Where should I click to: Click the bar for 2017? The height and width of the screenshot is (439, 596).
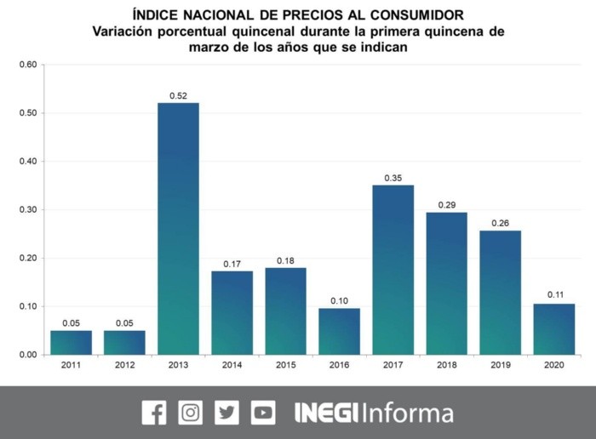pyautogui.click(x=393, y=270)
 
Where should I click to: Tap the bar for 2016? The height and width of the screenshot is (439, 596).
pyautogui.click(x=339, y=331)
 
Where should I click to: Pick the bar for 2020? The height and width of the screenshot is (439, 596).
pyautogui.click(x=553, y=328)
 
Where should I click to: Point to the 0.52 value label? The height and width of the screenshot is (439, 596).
pyautogui.click(x=178, y=95)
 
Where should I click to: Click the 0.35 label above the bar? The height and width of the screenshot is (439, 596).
pyautogui.click(x=393, y=178)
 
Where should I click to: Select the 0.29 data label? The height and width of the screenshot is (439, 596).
pyautogui.click(x=446, y=205)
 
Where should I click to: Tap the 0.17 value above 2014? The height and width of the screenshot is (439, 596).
pyautogui.click(x=232, y=264)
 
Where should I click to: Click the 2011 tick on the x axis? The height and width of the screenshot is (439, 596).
pyautogui.click(x=71, y=367)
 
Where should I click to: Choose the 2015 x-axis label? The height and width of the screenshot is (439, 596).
pyautogui.click(x=285, y=367)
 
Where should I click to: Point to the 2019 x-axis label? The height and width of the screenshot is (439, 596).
pyautogui.click(x=500, y=367)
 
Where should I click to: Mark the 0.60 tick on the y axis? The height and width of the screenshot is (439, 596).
pyautogui.click(x=28, y=65)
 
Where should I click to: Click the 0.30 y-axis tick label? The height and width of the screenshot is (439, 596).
pyautogui.click(x=28, y=209)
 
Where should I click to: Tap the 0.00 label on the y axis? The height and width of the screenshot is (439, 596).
pyautogui.click(x=28, y=354)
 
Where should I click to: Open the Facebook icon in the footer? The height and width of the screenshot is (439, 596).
pyautogui.click(x=154, y=413)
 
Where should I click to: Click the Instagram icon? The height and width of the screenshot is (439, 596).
pyautogui.click(x=191, y=413)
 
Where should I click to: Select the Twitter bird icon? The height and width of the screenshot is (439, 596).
pyautogui.click(x=227, y=413)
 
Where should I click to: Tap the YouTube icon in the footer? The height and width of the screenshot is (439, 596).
pyautogui.click(x=263, y=413)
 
